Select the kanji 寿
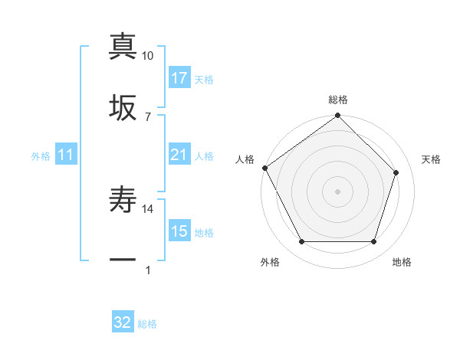click(x=123, y=201)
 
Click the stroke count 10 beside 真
click(x=148, y=56)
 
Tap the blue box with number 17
click(x=179, y=78)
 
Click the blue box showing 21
click(x=179, y=155)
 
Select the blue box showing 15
click(x=179, y=231)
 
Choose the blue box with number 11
click(x=66, y=155)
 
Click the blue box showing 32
click(x=123, y=322)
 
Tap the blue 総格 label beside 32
click(x=147, y=324)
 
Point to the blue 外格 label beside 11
click(x=41, y=156)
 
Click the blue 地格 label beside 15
click(x=204, y=233)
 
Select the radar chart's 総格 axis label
click(x=338, y=100)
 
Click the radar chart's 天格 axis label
click(x=432, y=159)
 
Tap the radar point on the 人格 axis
click(x=265, y=168)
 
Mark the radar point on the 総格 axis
click(x=337, y=116)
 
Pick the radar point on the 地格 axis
click(x=373, y=242)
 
